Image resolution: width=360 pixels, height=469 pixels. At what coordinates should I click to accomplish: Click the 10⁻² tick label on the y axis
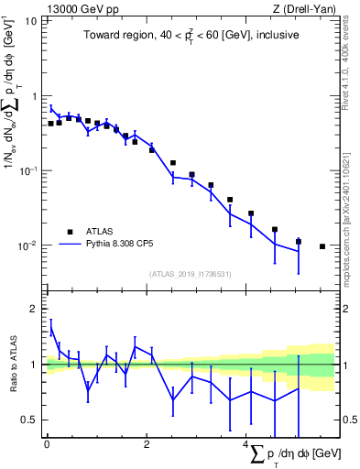[27, 245]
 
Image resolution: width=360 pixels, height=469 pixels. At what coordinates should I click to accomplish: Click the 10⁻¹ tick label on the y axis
[27, 170]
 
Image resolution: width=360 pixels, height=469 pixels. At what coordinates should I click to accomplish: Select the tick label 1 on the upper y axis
[34, 95]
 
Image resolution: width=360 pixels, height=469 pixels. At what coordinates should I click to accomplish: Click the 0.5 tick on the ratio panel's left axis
[29, 420]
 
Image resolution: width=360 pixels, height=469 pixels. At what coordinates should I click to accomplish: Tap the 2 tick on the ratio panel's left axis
[34, 309]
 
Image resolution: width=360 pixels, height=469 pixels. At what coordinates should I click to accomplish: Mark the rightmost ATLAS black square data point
[322, 246]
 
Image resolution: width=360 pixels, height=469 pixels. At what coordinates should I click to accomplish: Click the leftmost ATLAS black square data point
[50, 123]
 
